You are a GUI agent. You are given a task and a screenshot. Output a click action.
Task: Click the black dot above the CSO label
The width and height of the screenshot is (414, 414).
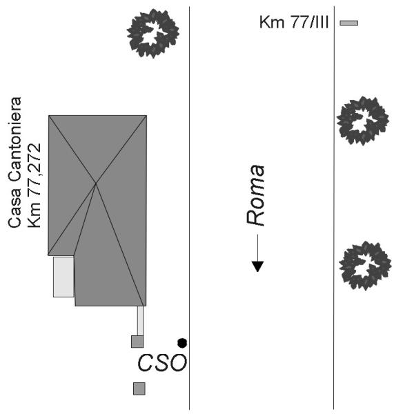tap(182, 343)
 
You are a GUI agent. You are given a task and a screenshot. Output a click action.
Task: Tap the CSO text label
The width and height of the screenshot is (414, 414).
tap(162, 363)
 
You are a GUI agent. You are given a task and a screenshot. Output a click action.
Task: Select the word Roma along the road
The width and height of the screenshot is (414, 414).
tap(255, 195)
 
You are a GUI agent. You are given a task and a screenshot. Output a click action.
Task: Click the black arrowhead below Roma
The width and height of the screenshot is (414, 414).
tap(257, 266)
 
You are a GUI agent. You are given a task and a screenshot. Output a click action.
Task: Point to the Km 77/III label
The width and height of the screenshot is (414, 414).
tap(294, 22)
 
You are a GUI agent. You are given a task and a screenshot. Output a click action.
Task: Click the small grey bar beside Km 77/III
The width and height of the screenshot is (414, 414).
tap(348, 23)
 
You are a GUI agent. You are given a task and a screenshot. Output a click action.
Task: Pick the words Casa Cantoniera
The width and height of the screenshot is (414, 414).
tap(14, 162)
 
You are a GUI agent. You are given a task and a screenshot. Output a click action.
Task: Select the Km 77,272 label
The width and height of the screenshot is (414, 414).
tap(34, 186)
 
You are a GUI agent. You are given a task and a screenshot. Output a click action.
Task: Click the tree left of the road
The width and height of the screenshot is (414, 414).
tap(153, 33)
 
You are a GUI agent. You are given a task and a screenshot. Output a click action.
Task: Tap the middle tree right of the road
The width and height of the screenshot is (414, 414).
tap(362, 121)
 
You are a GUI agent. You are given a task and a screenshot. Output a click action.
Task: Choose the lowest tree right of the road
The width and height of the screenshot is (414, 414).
tap(365, 266)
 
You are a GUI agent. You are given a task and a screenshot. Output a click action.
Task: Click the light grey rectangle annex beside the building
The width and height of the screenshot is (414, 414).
tap(63, 277)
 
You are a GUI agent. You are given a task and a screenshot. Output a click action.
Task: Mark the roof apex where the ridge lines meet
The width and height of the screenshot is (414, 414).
tap(96, 183)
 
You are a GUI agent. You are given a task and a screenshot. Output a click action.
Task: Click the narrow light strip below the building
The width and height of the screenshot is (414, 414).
tap(141, 321)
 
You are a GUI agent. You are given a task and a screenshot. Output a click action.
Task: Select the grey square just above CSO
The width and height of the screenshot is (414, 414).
tap(137, 342)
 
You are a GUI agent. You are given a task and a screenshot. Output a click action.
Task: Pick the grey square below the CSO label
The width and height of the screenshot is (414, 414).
tap(139, 388)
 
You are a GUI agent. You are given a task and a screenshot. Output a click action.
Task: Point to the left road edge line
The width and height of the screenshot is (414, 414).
tap(189, 208)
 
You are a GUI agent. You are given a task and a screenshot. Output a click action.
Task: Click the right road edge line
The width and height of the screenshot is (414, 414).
tap(334, 208)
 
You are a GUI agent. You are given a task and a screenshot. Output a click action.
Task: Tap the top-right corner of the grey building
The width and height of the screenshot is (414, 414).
tap(146, 116)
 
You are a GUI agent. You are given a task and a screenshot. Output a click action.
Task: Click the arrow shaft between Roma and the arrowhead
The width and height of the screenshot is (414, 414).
tap(257, 248)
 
